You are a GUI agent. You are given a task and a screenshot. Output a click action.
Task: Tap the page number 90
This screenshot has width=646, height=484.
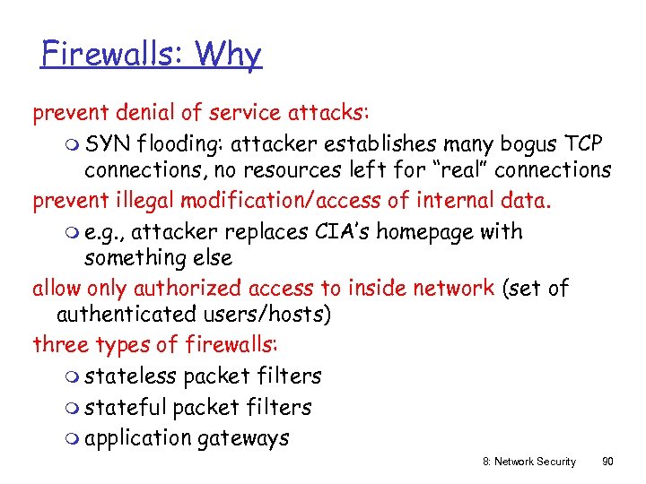pos(608,462)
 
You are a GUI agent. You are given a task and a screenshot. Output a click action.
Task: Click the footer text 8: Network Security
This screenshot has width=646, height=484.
pos(529,462)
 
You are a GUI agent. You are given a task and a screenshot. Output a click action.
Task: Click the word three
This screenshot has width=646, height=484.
pos(59,345)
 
